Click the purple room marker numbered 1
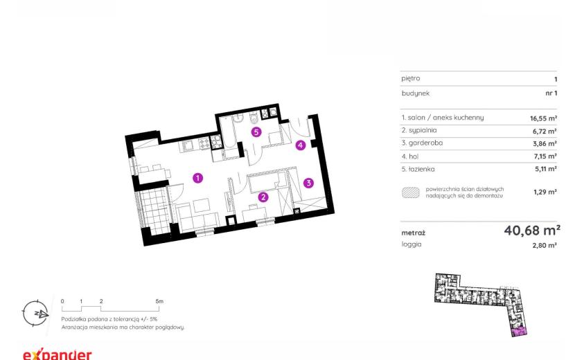[x=197, y=178]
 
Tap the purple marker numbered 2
[x=263, y=197]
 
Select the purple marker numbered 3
[x=308, y=183]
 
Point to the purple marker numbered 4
[x=301, y=145]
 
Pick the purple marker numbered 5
[x=256, y=132]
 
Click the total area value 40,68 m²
[x=532, y=231]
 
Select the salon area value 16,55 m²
[x=543, y=118]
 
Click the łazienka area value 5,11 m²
[x=546, y=169]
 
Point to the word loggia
[x=412, y=244]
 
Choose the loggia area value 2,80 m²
[x=545, y=245]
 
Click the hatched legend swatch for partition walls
[x=411, y=192]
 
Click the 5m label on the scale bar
[x=159, y=301]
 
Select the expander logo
[x=57, y=354]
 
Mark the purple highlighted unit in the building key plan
[x=519, y=332]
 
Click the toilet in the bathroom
[x=254, y=118]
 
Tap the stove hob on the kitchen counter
[x=204, y=144]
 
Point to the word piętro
[x=411, y=78]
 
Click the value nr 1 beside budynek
[x=551, y=93]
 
